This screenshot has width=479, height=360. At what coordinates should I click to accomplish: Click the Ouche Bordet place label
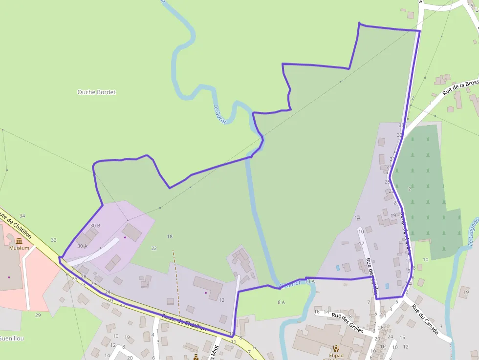[x=96, y=92]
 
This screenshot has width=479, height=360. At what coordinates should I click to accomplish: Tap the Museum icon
[x=19, y=241]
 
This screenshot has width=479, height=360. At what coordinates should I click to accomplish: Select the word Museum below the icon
[x=19, y=248]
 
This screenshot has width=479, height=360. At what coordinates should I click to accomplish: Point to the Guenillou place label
[x=12, y=338]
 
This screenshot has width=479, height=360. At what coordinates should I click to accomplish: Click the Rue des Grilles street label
[x=347, y=322]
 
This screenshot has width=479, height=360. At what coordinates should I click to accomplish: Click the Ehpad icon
[x=336, y=348]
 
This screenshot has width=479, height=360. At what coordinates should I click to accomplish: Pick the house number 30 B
[x=95, y=226]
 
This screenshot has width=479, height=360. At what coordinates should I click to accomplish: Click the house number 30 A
[x=82, y=246]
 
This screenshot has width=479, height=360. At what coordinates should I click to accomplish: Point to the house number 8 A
[x=281, y=302]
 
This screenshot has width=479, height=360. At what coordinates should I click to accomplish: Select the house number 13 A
[x=310, y=282]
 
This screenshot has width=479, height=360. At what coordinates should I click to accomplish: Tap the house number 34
[x=22, y=216]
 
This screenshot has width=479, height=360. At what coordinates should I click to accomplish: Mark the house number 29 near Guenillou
[x=38, y=315]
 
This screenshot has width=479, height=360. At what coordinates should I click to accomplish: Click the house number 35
[x=401, y=126]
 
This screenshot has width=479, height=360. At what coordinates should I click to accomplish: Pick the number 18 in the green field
[x=170, y=236]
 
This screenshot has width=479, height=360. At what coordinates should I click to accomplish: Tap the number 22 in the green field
[x=154, y=249]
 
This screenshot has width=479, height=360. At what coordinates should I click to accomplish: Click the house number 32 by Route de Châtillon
[x=54, y=240]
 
